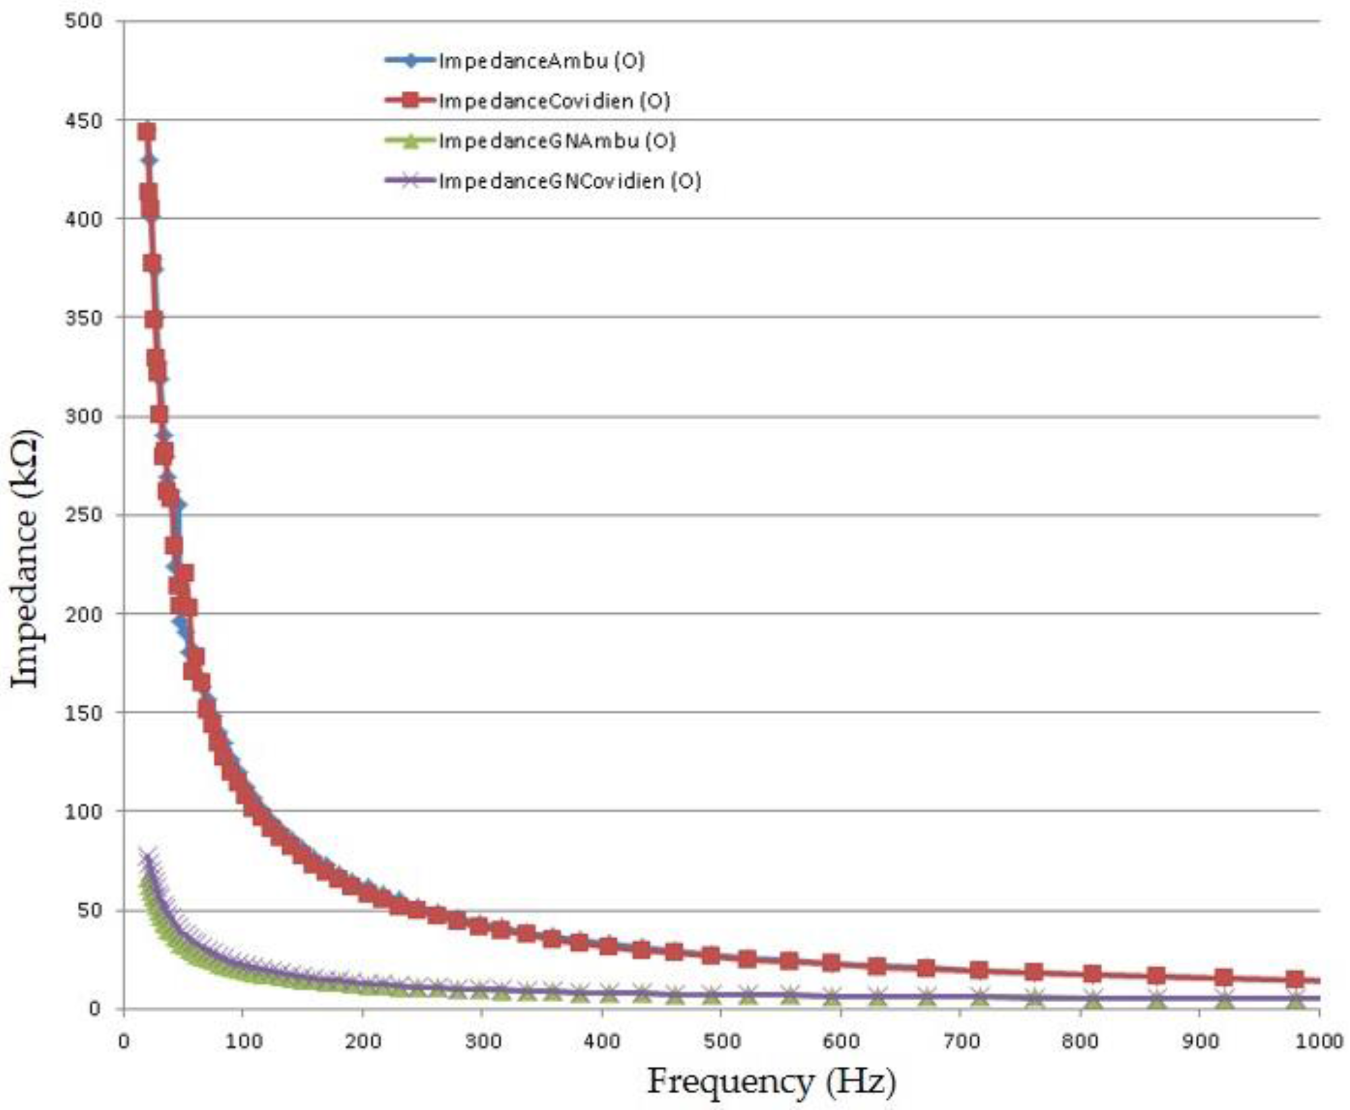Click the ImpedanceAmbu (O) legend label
click(541, 61)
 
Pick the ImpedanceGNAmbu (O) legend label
click(556, 141)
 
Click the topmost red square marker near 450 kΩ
click(147, 132)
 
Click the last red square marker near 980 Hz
click(1295, 979)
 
